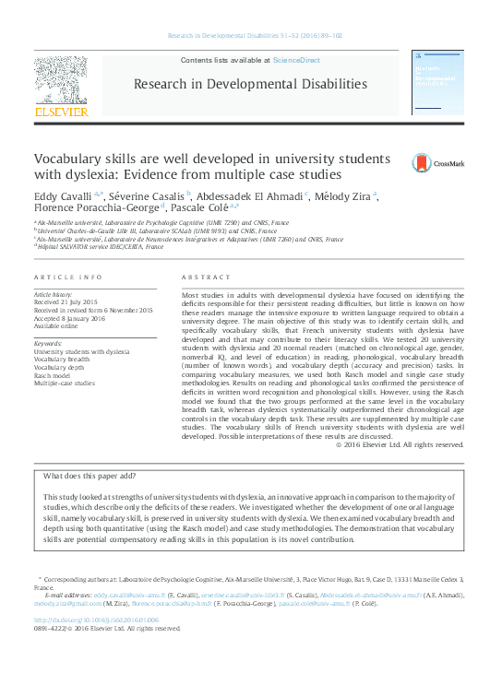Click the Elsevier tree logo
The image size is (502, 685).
coord(62,82)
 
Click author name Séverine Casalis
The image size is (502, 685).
coord(146,195)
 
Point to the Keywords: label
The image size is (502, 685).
coord(48,344)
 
